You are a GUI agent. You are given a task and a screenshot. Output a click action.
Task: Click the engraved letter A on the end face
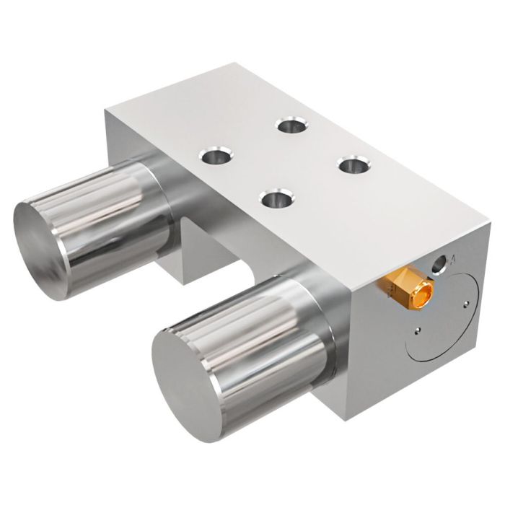click(x=452, y=258)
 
